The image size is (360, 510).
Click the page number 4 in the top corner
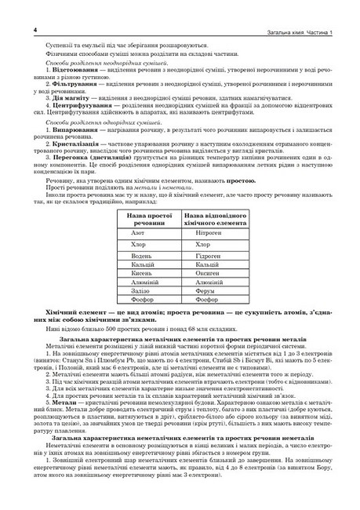coord(14,29)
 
